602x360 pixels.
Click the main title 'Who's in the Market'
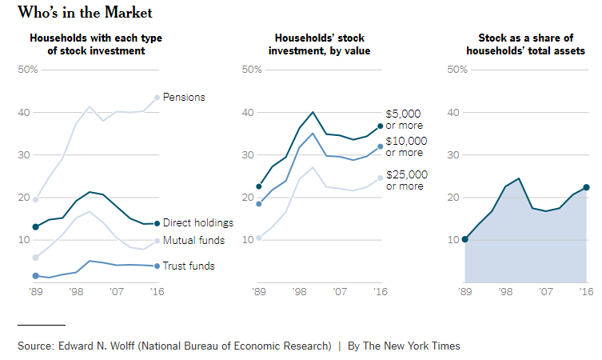tap(86, 13)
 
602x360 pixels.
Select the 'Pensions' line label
tap(184, 98)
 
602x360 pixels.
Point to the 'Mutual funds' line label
tap(193, 241)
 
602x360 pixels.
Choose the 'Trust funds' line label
tap(189, 266)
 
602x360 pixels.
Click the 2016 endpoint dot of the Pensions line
tap(157, 98)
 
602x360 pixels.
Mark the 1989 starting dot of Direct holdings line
tap(35, 227)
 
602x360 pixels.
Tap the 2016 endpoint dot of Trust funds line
tap(157, 266)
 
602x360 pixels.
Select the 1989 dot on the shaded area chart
tap(465, 239)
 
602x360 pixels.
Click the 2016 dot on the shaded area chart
tap(586, 187)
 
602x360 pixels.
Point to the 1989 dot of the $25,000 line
tap(258, 238)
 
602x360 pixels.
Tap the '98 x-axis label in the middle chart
tap(298, 293)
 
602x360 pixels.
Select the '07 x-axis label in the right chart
tap(545, 293)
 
